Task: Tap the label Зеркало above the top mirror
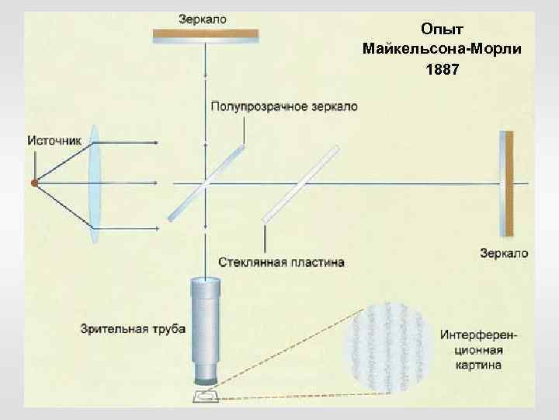(203, 19)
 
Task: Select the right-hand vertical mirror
(507, 183)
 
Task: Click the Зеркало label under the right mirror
(504, 254)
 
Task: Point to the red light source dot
(34, 183)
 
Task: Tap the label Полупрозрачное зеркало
(284, 107)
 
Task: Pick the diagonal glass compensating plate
(300, 182)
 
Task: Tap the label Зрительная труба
(133, 329)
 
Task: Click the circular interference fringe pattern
(387, 342)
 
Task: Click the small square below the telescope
(206, 397)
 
